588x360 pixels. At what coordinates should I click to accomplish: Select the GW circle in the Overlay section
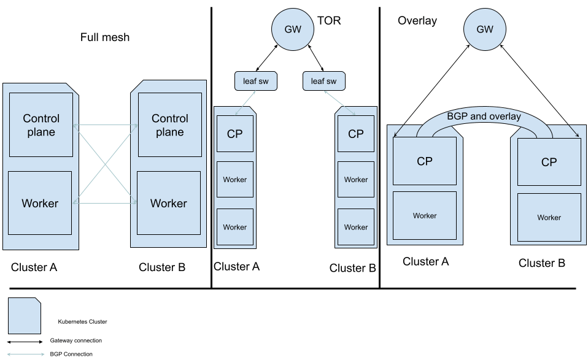(x=485, y=29)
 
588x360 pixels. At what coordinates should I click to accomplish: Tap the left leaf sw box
(x=255, y=81)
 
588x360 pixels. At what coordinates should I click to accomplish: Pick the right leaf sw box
(x=323, y=81)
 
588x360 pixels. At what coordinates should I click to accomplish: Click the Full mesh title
(x=105, y=37)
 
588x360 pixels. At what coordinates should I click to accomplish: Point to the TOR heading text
(x=329, y=21)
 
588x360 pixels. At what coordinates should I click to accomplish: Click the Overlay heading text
(x=417, y=21)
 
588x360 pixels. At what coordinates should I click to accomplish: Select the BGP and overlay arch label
(x=484, y=117)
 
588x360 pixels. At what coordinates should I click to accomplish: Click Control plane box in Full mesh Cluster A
(x=41, y=125)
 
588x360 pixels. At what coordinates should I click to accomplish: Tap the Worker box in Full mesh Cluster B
(x=169, y=203)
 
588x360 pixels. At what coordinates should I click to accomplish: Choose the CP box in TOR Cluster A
(x=234, y=133)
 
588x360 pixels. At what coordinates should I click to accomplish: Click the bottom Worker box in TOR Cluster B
(x=356, y=227)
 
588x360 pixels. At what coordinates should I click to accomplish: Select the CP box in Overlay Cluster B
(x=549, y=162)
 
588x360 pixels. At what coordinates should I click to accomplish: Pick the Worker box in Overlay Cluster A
(x=425, y=216)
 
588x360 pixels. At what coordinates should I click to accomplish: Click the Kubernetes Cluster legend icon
(x=25, y=315)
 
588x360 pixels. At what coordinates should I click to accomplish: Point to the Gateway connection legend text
(x=75, y=340)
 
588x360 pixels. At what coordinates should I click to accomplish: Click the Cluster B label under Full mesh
(x=162, y=267)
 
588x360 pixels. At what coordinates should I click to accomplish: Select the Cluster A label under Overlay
(x=426, y=262)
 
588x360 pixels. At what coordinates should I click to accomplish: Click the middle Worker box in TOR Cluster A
(x=234, y=180)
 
